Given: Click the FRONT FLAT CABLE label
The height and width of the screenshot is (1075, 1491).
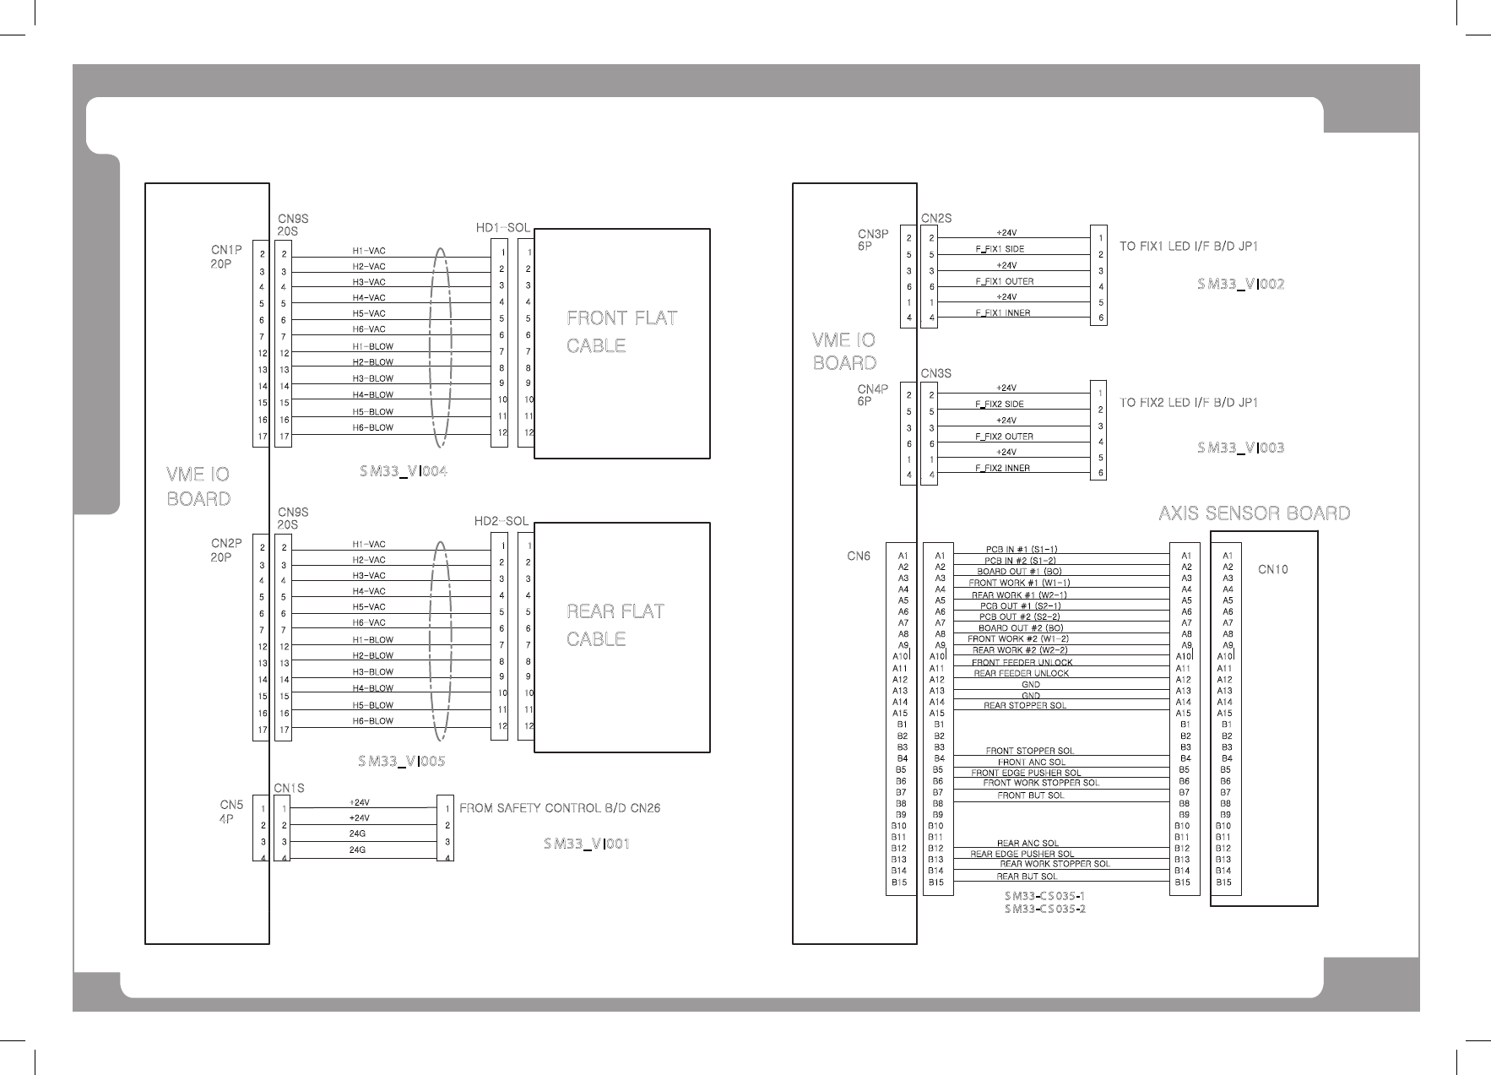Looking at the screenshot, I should coord(621,332).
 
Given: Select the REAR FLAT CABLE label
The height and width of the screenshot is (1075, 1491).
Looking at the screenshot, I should coord(615,625).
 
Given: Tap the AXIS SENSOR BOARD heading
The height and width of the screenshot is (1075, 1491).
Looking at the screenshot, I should coord(1254,513).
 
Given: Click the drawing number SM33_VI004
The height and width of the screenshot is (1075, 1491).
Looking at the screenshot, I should coord(403,471).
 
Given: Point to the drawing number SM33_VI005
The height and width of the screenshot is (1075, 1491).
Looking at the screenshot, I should coord(401,762).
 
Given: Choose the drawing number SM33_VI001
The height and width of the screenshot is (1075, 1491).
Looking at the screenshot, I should coord(587,844).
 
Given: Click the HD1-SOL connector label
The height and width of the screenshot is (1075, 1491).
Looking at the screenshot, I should coord(502,228).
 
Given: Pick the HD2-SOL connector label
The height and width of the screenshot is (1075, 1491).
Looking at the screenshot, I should coord(502,522).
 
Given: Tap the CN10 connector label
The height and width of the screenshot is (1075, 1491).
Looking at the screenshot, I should coord(1272,569).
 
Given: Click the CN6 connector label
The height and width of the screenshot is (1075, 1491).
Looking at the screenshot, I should coord(859,557).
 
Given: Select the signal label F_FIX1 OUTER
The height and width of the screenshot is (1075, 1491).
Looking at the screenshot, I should coord(1004,281).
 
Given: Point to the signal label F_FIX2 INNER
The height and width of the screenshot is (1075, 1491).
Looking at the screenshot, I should coord(1002,468).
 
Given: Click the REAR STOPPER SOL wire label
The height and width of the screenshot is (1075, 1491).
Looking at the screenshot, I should coord(1024,705).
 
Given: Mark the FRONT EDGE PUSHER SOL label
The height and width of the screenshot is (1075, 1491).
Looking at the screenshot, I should coord(1026,773).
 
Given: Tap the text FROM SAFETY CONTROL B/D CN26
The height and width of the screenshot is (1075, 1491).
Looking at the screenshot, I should coord(559,808).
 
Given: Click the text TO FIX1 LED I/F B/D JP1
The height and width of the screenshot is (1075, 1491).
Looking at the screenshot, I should coord(1189,247).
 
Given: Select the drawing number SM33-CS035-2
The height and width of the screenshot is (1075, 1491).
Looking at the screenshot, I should coord(1044,909).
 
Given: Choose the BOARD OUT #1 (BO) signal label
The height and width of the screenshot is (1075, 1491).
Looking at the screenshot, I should coord(1019,572).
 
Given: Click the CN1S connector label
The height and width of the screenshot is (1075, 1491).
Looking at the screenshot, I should coord(289,788).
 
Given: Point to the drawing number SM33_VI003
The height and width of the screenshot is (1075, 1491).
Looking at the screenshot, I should coord(1240,448).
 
